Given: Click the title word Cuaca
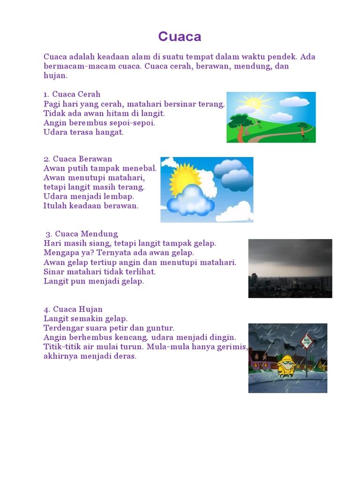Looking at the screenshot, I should click(x=180, y=37).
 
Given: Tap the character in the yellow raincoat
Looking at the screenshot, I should click(x=285, y=366).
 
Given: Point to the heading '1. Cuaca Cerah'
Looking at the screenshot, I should click(x=72, y=94).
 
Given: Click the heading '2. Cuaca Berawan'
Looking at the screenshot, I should click(x=78, y=158).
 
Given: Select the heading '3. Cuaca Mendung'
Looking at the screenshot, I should click(x=82, y=233).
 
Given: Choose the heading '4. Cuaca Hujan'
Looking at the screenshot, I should click(x=73, y=309).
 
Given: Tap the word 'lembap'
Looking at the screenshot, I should click(x=120, y=196).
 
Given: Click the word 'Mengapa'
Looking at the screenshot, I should click(x=60, y=253).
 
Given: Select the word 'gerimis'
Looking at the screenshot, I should click(x=229, y=346).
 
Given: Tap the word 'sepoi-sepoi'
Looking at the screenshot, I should click(x=135, y=123).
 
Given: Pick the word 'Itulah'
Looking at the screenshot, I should click(x=54, y=206).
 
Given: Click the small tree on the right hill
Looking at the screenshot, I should click(x=303, y=127).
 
